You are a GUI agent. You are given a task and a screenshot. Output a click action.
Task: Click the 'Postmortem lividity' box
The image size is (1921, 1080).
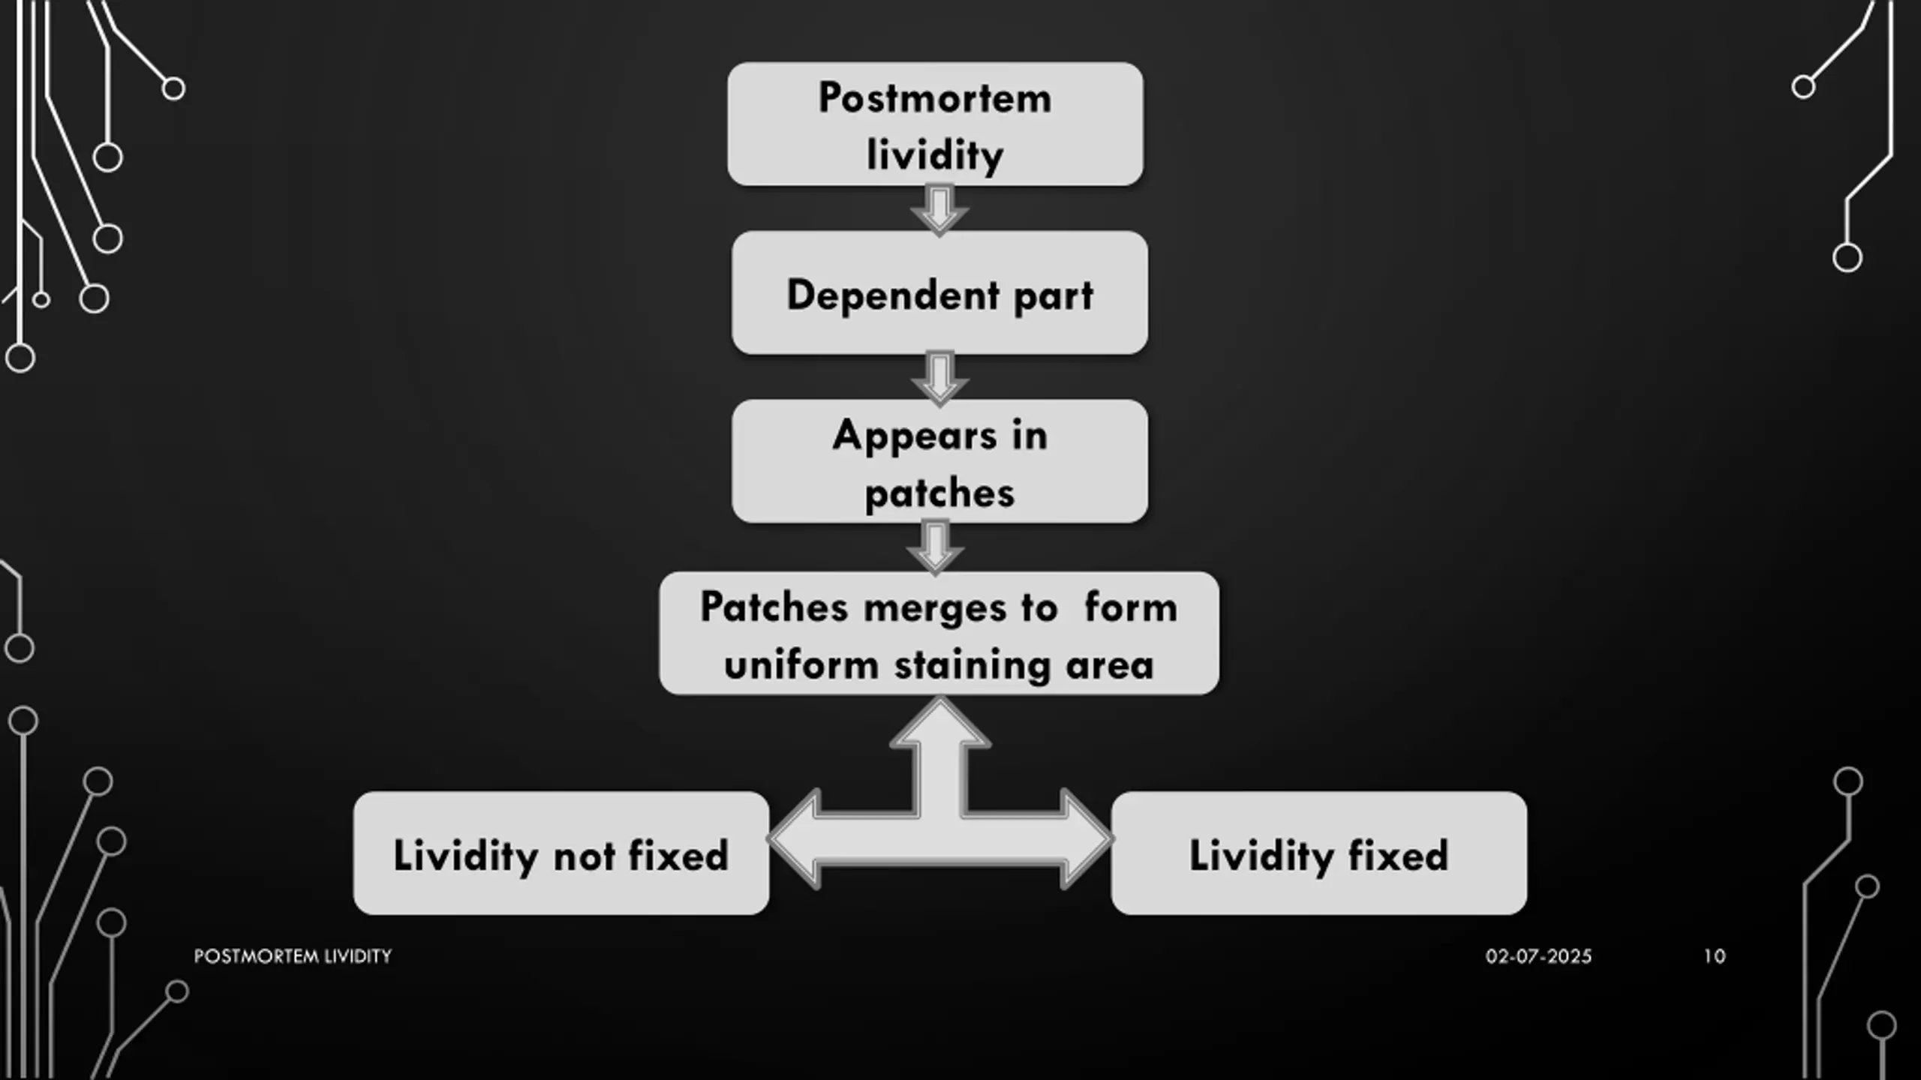coord(935,124)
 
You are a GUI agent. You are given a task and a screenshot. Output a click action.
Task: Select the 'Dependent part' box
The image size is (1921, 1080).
coord(939,293)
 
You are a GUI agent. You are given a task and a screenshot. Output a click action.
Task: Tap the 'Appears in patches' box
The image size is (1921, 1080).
coord(939,461)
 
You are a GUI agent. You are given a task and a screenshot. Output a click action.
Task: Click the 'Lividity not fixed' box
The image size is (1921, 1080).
coord(561,853)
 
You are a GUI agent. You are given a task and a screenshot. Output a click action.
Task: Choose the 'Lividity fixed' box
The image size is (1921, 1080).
coord(1318,853)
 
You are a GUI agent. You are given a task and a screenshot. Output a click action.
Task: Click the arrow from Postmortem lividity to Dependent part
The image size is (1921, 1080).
coord(939,209)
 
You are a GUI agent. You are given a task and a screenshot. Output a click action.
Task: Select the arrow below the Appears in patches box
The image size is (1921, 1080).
coord(935,547)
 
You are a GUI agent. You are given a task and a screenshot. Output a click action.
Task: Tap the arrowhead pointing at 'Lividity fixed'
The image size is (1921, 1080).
coord(1085,839)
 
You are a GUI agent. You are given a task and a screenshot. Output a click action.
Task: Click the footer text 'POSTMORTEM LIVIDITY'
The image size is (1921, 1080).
coord(293,956)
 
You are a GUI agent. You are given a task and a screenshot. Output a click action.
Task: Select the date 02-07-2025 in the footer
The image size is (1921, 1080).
coord(1538,956)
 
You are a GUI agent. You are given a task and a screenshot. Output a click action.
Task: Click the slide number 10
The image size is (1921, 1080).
coord(1714,956)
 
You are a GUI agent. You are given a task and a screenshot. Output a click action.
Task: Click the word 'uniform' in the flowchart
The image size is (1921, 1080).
coord(801,665)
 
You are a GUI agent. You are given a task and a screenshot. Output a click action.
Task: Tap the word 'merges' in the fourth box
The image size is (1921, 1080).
coord(933,607)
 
